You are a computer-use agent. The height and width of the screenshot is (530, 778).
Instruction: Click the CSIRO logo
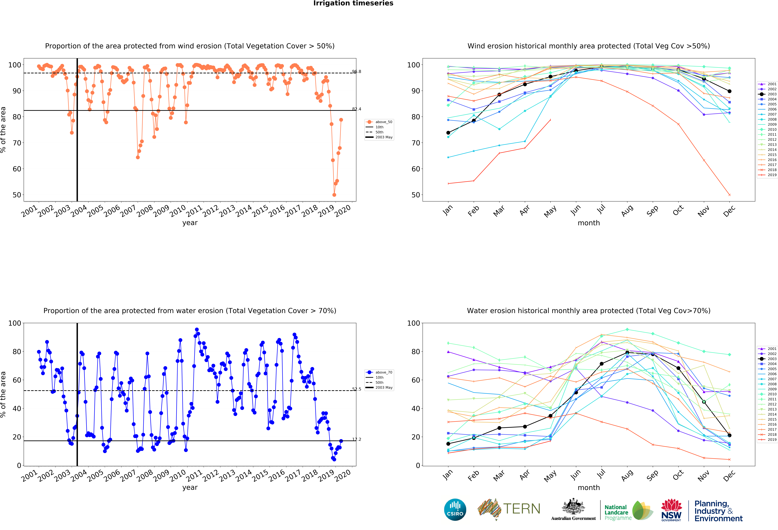click(455, 510)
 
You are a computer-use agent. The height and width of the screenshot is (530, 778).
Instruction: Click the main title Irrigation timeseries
click(353, 3)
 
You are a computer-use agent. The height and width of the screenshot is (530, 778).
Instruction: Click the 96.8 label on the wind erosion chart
click(357, 72)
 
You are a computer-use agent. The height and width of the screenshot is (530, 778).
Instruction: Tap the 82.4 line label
click(357, 109)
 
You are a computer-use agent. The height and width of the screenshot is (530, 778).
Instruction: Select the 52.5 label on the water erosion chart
click(357, 389)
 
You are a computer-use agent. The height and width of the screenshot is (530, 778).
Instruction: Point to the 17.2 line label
click(357, 439)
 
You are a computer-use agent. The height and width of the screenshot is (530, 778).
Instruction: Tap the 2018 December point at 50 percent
click(729, 195)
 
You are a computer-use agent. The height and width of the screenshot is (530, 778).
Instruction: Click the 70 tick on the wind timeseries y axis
click(17, 143)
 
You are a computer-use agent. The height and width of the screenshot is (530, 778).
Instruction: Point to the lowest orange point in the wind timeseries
click(334, 195)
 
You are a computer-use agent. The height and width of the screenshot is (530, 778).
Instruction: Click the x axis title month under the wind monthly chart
click(589, 223)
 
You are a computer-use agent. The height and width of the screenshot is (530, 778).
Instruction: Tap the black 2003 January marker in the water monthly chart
click(448, 444)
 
